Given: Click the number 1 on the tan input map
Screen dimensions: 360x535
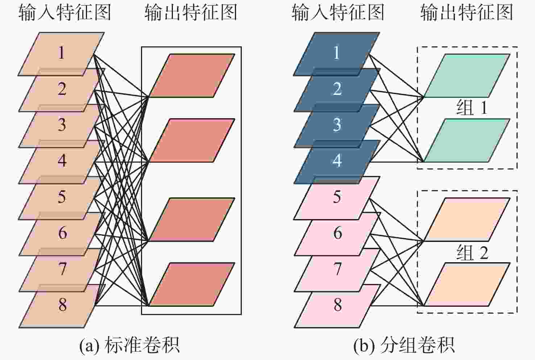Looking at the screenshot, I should [62, 53].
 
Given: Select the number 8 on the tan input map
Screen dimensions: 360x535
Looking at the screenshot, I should [62, 305].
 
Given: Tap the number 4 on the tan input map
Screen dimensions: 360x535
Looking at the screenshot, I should [62, 160].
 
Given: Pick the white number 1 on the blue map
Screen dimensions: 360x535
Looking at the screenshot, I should [337, 53].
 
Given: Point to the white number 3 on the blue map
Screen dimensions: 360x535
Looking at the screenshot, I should [337, 125].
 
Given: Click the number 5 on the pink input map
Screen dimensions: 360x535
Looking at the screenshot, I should [337, 197].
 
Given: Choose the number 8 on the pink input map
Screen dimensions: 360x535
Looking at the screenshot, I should [337, 305].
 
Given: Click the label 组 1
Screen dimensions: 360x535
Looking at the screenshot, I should [472, 108].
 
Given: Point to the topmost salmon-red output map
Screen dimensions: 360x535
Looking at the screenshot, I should [191, 75].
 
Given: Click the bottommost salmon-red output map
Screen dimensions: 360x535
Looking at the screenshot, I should [191, 284].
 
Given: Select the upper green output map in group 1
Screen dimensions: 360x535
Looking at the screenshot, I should [467, 75].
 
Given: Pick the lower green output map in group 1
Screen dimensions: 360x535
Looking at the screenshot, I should [467, 140].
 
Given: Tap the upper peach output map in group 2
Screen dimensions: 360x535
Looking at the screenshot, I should [467, 219].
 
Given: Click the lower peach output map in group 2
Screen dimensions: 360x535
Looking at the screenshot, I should [467, 284].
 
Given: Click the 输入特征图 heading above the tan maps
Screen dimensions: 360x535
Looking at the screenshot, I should [65, 13].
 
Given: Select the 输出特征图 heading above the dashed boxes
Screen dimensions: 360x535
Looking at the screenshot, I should [466, 13].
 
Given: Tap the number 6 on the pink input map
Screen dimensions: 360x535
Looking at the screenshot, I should [337, 233].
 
